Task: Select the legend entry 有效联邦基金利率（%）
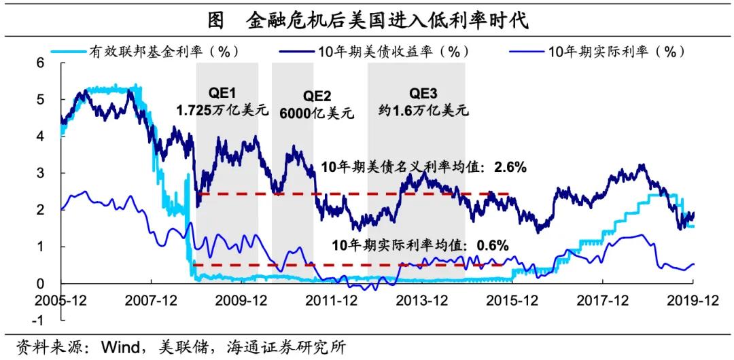(164, 52)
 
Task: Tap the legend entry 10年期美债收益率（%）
(394, 52)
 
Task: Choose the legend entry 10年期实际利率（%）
(616, 52)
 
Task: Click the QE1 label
(223, 93)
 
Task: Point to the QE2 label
(317, 96)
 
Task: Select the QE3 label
(423, 93)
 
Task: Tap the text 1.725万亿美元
(223, 110)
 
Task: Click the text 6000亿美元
(317, 113)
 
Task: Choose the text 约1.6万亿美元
(423, 110)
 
